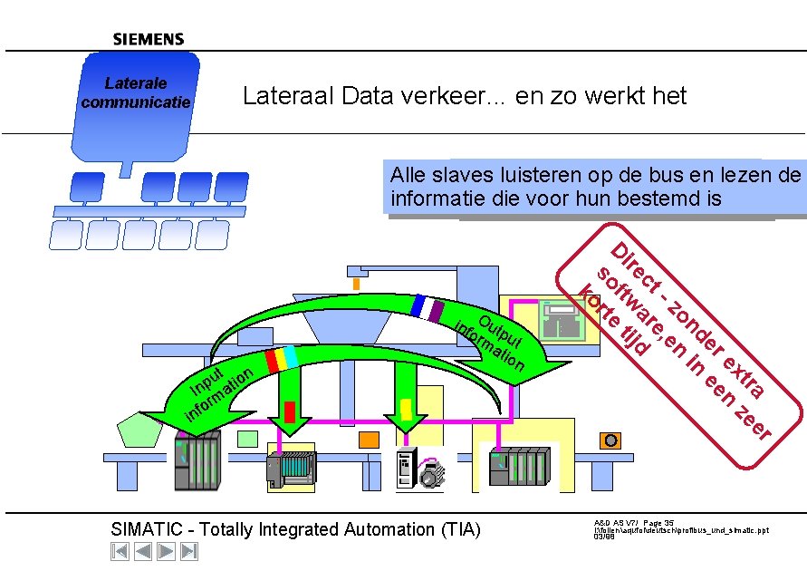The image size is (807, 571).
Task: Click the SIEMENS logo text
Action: point(149,39)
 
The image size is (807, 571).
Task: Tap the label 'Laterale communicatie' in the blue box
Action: point(136,92)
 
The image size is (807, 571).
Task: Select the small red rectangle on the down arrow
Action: point(290,411)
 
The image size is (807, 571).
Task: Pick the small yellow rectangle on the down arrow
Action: point(406,410)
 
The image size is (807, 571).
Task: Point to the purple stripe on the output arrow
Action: point(437,311)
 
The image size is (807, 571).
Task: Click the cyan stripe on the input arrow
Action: point(291,356)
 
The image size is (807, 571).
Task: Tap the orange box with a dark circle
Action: point(611,440)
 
